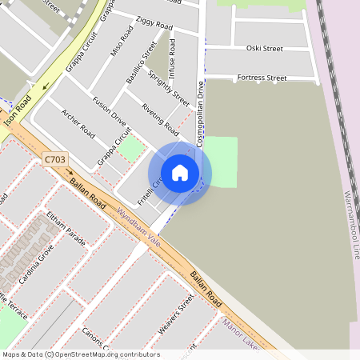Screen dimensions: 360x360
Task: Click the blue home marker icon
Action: pos(180,173)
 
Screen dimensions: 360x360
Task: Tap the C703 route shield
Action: pos(55,159)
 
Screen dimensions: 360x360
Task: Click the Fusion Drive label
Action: pos(109,111)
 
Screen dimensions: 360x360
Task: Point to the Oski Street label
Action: pos(264,48)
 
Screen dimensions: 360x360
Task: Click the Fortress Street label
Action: pos(257,78)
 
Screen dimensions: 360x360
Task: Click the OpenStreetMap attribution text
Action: pos(80,354)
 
